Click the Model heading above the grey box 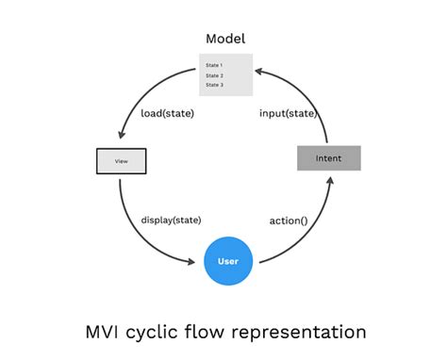click(x=224, y=39)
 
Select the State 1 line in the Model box click(x=214, y=65)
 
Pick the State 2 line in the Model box click(x=214, y=75)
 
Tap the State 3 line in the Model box click(x=214, y=85)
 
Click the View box click(x=122, y=161)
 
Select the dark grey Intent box click(x=328, y=158)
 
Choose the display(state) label click(x=171, y=220)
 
